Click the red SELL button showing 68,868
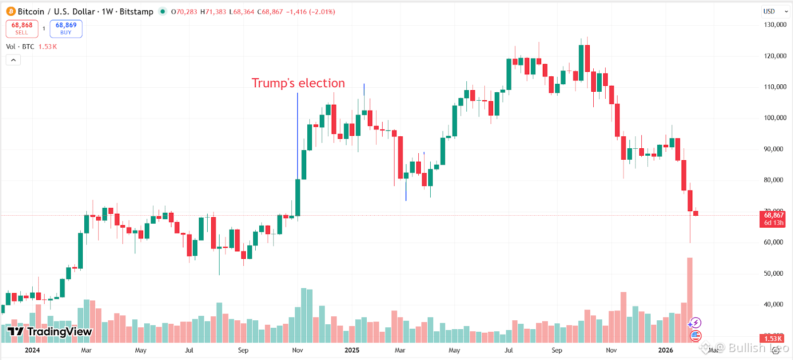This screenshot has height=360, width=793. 22,28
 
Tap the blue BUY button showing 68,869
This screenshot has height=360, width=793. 66,28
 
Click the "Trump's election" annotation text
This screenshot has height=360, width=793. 298,83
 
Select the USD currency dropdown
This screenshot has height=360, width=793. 775,11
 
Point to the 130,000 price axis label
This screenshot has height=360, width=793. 775,25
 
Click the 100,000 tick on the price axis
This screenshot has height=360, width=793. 775,118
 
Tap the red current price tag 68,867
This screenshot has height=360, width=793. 773,219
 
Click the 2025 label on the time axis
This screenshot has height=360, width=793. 351,350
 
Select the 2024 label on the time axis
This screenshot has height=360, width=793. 32,350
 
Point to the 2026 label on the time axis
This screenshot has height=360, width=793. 665,350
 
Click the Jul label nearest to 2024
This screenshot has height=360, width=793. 189,350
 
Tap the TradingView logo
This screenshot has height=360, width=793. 50,332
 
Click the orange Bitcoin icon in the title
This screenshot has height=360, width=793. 11,11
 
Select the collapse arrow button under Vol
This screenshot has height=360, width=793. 13,60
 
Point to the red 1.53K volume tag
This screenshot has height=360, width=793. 773,339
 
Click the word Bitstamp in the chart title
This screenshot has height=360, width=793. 136,11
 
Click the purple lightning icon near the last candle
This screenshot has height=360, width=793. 695,323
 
